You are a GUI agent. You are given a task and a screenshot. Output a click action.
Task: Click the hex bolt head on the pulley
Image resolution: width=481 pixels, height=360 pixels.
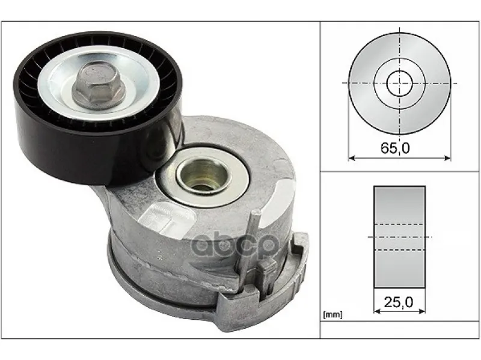pyautogui.click(x=99, y=86)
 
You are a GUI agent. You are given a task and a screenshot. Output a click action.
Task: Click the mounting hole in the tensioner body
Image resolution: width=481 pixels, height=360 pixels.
pyautogui.click(x=202, y=177)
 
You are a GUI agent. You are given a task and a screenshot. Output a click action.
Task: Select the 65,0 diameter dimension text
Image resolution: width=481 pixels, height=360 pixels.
pyautogui.click(x=395, y=148)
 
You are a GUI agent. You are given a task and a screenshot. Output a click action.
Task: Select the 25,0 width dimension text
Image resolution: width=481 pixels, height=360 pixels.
pyautogui.click(x=399, y=302)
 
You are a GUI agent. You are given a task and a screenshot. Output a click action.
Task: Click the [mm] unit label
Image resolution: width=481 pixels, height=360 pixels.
pyautogui.click(x=332, y=314)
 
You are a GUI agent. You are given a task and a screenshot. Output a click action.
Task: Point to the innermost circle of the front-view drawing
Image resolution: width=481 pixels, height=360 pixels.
pyautogui.click(x=399, y=84)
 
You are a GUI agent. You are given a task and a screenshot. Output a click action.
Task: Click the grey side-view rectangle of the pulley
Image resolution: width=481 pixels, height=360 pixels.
pyautogui.click(x=399, y=237)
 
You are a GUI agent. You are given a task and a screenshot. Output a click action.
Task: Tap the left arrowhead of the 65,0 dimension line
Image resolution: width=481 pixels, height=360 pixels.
pyautogui.click(x=352, y=158)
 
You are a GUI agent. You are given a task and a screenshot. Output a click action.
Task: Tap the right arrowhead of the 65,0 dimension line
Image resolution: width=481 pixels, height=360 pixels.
pyautogui.click(x=447, y=158)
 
